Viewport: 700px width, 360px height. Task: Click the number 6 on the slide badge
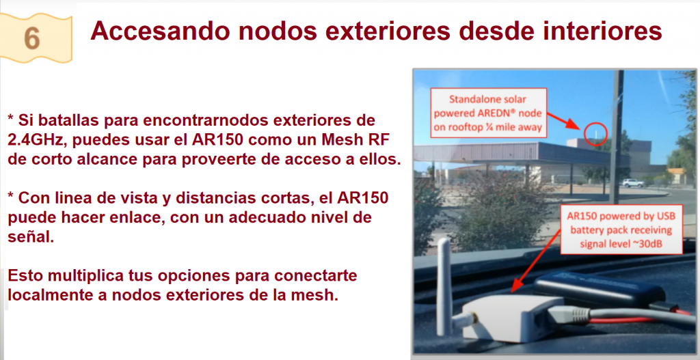pos(32,38)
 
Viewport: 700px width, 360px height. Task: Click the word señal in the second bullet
pos(31,237)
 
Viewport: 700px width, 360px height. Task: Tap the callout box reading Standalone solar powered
pos(488,113)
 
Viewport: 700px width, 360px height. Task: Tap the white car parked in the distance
pos(633,183)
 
